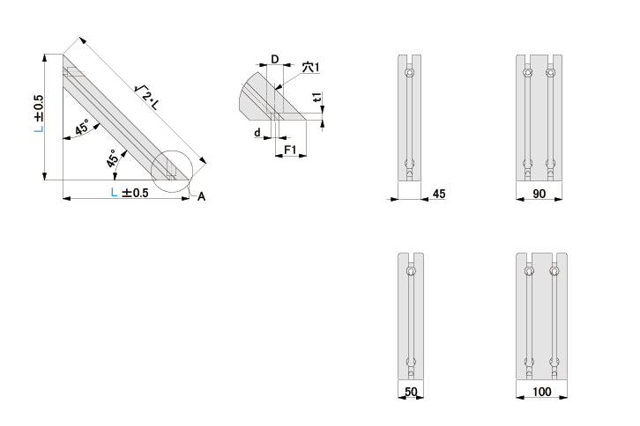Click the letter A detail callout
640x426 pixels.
[201, 197]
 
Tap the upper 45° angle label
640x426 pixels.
[82, 128]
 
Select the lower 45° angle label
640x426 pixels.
[112, 158]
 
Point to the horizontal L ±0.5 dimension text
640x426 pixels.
[130, 192]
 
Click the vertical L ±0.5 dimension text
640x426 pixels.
[39, 114]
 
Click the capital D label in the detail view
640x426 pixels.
[275, 60]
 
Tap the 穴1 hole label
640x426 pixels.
[310, 67]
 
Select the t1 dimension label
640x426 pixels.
[317, 97]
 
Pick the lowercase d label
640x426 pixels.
[257, 133]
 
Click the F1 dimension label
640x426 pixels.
[290, 150]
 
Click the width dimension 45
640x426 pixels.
[439, 194]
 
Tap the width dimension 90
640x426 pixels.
[540, 194]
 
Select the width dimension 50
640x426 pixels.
[411, 392]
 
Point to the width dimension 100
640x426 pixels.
[541, 392]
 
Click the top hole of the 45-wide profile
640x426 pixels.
[409, 73]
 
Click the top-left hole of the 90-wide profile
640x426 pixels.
[528, 73]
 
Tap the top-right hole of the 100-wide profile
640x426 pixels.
[554, 271]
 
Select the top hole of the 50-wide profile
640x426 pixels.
[411, 271]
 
